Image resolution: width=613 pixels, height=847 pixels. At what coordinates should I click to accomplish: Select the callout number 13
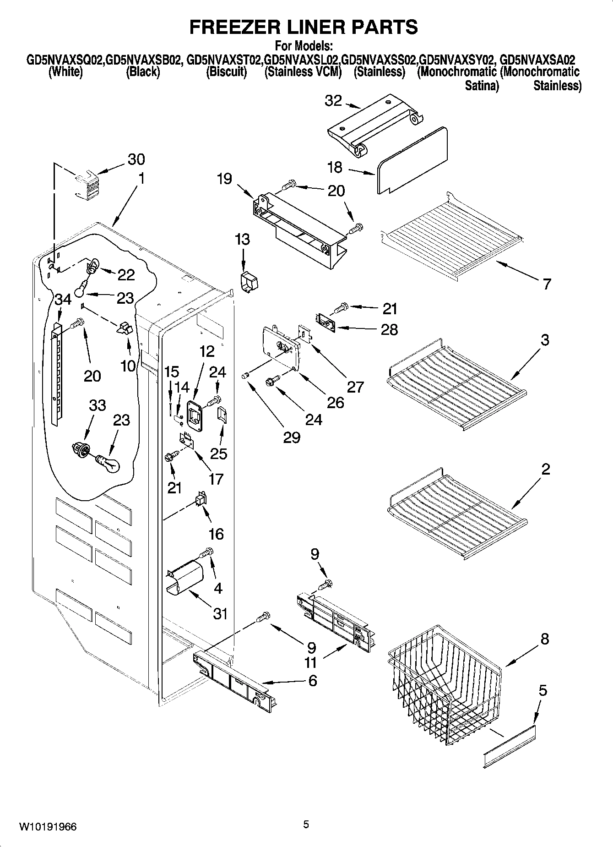point(243,239)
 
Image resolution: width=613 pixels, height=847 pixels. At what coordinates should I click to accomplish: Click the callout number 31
point(220,613)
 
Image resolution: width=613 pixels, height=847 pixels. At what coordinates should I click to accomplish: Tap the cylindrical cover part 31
point(185,578)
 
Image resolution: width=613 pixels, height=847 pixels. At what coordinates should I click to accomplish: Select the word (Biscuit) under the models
point(227,72)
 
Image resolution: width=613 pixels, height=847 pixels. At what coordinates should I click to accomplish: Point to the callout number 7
point(546,284)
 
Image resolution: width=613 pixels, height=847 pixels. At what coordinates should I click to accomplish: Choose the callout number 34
point(63,300)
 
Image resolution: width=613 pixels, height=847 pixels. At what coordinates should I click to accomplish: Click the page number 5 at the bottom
point(306,825)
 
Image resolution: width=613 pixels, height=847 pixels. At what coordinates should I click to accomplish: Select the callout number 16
point(216,533)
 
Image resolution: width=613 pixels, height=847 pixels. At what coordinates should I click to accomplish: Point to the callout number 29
point(292,437)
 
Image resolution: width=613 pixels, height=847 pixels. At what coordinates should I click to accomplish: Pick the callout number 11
point(311,662)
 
